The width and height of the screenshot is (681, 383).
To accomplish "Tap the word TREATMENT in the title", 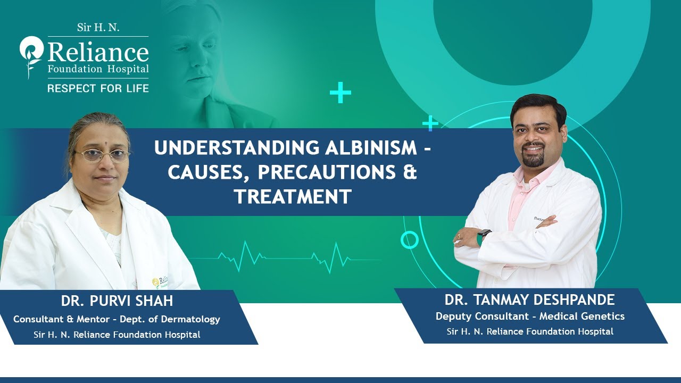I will pyautogui.click(x=293, y=197).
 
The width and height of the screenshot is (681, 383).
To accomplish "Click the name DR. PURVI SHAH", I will pyautogui.click(x=117, y=301).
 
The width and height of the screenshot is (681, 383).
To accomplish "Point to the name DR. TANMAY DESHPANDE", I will pyautogui.click(x=530, y=299).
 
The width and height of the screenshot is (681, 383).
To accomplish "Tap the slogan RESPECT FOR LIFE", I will pyautogui.click(x=98, y=88).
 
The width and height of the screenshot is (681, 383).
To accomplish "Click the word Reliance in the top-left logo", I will pyautogui.click(x=98, y=53).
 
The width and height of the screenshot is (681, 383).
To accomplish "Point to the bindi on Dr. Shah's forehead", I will pyautogui.click(x=100, y=144).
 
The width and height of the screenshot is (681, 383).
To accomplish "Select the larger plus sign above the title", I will pyautogui.click(x=340, y=94).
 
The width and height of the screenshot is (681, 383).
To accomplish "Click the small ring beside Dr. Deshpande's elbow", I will pyautogui.click(x=409, y=240).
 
